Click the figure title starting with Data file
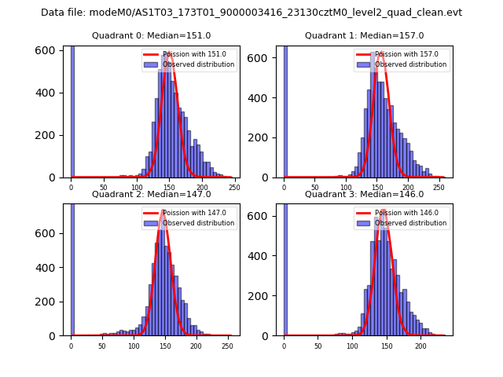[x=251, y=13]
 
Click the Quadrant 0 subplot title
[x=151, y=35]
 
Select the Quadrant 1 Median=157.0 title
[x=364, y=35]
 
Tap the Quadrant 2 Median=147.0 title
[x=151, y=194]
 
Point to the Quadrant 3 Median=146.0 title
[x=364, y=194]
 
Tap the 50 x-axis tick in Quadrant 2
[x=103, y=345]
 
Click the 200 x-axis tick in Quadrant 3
[x=420, y=345]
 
